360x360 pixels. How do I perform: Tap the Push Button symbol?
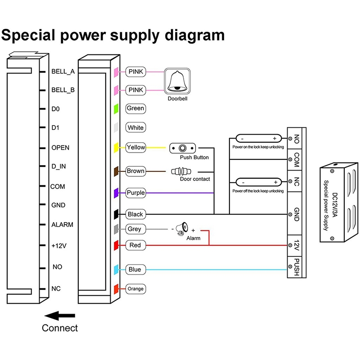tap(183, 148)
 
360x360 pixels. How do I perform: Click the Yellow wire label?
tap(135, 147)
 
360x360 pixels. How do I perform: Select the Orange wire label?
tap(135, 288)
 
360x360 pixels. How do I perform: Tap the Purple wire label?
tap(135, 193)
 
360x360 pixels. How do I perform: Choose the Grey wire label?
tap(134, 229)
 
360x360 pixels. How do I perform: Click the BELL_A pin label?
tap(63, 72)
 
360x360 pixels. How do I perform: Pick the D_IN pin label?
tap(59, 166)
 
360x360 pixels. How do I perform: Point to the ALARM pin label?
tap(62, 225)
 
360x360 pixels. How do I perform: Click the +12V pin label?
tap(60, 246)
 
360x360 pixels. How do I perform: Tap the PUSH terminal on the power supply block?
tap(297, 267)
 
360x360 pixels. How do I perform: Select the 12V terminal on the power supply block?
tap(297, 246)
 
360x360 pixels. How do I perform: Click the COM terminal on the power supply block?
tap(297, 159)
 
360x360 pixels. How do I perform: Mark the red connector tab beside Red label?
tap(116, 245)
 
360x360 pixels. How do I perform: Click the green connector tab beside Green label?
tap(116, 108)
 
